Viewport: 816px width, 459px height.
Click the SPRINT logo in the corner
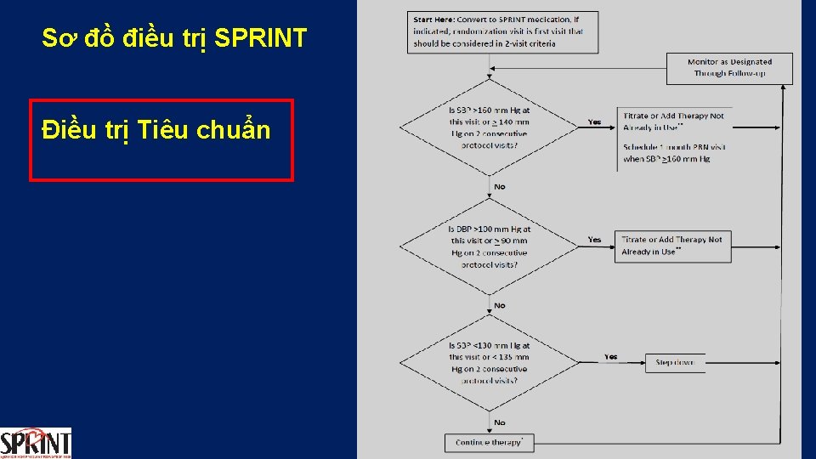click(36, 442)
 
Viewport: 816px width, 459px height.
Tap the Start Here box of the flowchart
click(502, 31)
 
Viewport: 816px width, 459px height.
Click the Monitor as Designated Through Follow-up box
click(729, 68)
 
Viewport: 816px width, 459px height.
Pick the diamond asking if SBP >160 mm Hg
click(489, 127)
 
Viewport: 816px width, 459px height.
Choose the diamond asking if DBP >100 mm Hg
click(489, 246)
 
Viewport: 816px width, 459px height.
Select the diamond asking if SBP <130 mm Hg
click(489, 363)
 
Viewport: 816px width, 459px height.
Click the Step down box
click(675, 363)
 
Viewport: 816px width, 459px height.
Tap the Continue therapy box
click(489, 443)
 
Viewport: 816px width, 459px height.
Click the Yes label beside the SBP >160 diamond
click(594, 122)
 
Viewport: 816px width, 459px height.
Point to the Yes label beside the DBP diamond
click(594, 240)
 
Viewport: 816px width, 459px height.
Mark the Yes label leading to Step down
click(611, 357)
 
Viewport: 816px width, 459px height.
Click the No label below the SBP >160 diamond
click(499, 187)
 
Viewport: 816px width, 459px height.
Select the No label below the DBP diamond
click(499, 305)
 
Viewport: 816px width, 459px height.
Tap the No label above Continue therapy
click(499, 422)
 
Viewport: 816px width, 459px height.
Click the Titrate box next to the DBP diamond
click(672, 246)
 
